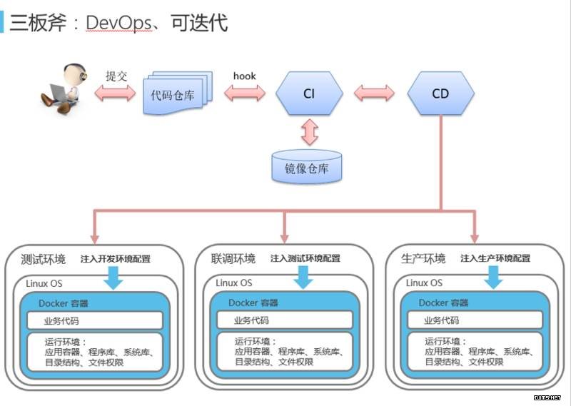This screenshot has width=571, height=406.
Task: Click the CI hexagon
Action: [309, 93]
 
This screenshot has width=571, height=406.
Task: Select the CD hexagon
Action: [440, 93]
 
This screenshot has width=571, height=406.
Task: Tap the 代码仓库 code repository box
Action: [178, 93]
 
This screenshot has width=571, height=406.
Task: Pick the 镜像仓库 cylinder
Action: [307, 166]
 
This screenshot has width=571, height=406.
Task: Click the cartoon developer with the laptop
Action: [64, 89]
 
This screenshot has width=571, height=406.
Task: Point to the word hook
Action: [244, 76]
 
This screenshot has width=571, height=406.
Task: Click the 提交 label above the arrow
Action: [116, 76]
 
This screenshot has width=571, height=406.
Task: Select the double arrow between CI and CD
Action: [374, 93]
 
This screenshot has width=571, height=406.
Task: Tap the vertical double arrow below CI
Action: [310, 132]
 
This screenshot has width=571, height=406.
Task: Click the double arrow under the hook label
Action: [244, 93]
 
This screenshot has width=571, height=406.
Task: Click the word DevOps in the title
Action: [119, 23]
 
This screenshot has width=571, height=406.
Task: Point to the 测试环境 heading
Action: [43, 259]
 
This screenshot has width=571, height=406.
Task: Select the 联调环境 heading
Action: [233, 259]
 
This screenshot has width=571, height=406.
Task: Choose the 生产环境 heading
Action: [423, 258]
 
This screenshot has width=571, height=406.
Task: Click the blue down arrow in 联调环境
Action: [303, 277]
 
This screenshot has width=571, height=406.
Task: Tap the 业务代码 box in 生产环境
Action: [475, 320]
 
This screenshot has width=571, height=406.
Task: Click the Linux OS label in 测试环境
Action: [44, 283]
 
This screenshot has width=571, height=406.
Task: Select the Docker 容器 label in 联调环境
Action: [253, 303]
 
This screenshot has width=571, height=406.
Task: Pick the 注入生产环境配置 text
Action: [495, 258]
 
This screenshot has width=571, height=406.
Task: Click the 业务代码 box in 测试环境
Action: [95, 321]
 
